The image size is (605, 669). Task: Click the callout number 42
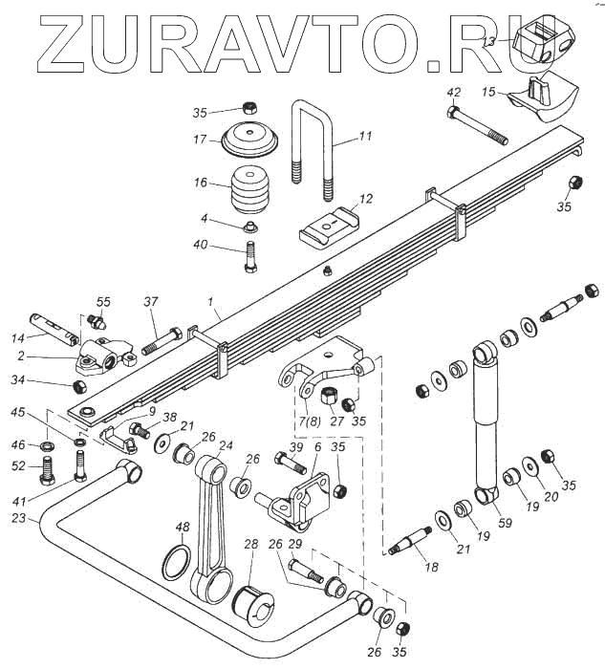[x=454, y=92]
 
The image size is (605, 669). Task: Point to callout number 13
[x=487, y=42]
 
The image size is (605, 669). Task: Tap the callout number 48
[x=182, y=527]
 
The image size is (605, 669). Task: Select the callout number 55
[x=104, y=301]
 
